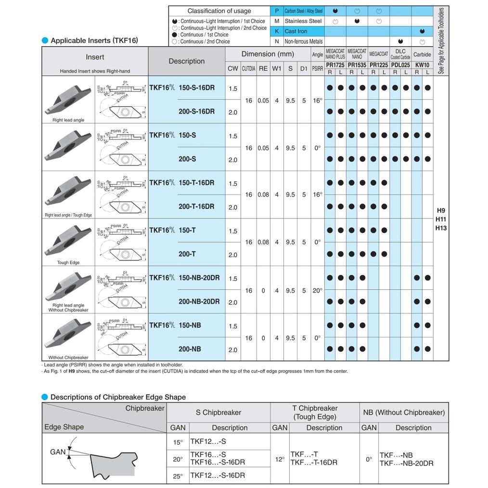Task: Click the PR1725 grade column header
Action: click(335, 64)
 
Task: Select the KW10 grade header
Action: click(422, 64)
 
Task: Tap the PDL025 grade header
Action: click(400, 64)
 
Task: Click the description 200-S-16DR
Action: click(196, 112)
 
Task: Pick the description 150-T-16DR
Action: click(196, 183)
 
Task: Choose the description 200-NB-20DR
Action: click(199, 302)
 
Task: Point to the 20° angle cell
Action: click(318, 290)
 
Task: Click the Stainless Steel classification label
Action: click(303, 21)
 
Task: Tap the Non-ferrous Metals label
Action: click(303, 42)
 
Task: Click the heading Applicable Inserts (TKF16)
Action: click(94, 40)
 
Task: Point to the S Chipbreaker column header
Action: click(218, 412)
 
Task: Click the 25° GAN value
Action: click(178, 476)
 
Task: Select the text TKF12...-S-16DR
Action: click(215, 475)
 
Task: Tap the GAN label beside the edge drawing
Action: click(58, 452)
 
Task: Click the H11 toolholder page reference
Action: click(441, 219)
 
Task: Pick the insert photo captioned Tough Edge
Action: click(68, 239)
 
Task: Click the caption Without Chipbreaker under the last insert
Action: click(68, 358)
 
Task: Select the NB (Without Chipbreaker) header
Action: click(403, 412)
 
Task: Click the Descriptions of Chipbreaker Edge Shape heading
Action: click(118, 397)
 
